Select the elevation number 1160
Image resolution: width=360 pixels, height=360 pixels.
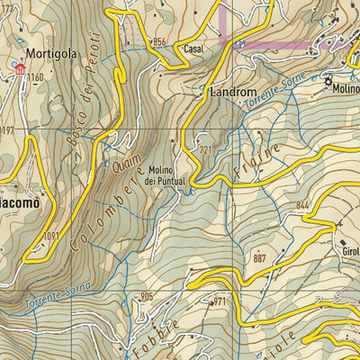click(x=34, y=78)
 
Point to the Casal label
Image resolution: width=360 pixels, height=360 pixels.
click(x=193, y=49)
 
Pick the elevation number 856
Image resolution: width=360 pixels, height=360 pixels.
click(x=159, y=41)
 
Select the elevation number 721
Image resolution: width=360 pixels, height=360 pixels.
click(x=207, y=149)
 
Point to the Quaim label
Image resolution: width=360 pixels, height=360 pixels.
click(x=127, y=161)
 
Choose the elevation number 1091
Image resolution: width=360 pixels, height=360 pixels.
click(x=50, y=236)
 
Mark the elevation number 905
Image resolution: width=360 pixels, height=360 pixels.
click(x=148, y=297)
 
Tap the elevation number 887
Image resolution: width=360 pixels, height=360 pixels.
click(x=262, y=258)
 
